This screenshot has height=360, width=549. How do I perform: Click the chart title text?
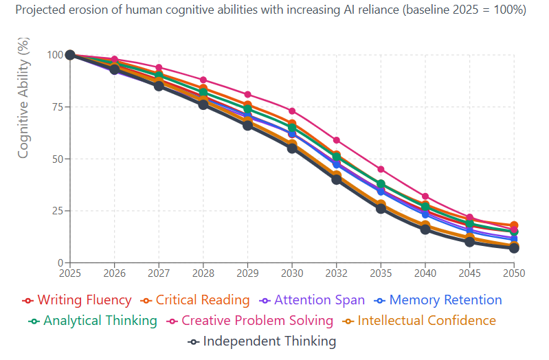[x=271, y=10]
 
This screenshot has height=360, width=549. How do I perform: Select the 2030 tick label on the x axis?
[x=292, y=273]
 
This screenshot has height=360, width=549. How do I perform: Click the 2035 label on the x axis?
[x=381, y=273]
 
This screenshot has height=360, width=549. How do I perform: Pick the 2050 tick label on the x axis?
[x=514, y=273]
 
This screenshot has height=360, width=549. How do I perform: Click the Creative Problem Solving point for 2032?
[x=337, y=140]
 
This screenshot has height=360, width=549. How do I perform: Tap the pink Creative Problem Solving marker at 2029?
[x=247, y=94]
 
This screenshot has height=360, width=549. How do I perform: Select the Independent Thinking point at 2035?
[x=381, y=208]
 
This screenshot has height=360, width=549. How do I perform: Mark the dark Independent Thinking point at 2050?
[x=514, y=248]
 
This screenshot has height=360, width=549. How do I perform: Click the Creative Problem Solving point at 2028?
[x=203, y=80]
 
